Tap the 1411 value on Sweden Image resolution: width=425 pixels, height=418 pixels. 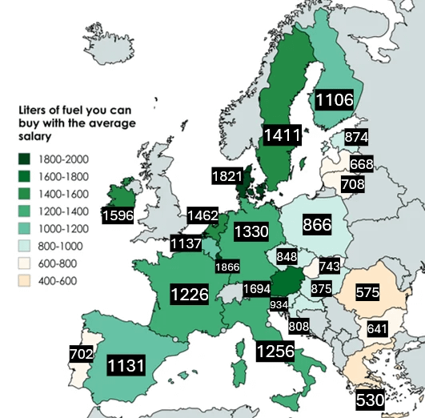coord(284,135)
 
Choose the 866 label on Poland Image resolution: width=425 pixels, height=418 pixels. coord(317,225)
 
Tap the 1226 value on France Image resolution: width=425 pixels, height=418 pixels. coord(189,294)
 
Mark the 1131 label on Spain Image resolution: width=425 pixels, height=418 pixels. coord(126,366)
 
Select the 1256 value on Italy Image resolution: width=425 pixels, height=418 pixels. coord(275,351)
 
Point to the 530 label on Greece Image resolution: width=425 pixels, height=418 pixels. coord(371,399)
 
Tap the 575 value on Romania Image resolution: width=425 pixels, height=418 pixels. coord(367,293)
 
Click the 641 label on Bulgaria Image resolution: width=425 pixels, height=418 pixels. coord(377,328)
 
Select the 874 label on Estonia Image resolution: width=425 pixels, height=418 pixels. coord(356,137)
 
